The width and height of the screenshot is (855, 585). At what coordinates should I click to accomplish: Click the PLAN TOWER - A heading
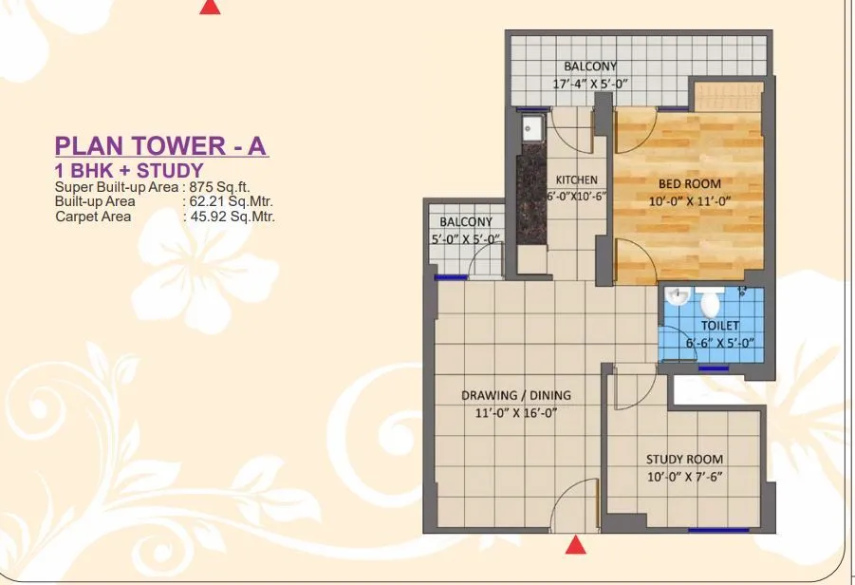(x=161, y=146)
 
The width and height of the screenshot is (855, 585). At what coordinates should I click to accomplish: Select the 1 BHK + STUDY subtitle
(x=129, y=171)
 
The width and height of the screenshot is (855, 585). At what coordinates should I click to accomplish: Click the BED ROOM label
(x=690, y=184)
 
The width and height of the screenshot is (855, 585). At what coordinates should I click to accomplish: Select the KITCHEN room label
(x=576, y=180)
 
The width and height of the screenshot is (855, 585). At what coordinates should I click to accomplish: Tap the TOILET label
(x=720, y=326)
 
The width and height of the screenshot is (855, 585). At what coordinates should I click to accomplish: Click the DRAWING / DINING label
(x=516, y=395)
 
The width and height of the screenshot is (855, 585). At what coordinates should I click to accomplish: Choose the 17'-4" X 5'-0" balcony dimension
(x=590, y=84)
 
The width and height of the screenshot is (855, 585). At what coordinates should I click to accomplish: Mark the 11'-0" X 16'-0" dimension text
(x=516, y=412)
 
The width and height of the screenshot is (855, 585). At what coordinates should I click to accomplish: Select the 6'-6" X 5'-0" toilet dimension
(x=720, y=343)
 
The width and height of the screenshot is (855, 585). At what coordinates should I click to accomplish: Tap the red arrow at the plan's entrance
(x=574, y=545)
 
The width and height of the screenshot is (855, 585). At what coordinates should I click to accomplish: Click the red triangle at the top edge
(x=211, y=7)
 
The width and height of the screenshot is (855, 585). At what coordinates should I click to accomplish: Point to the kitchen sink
(x=530, y=130)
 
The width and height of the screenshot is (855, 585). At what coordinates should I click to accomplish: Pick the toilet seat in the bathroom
(x=710, y=304)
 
